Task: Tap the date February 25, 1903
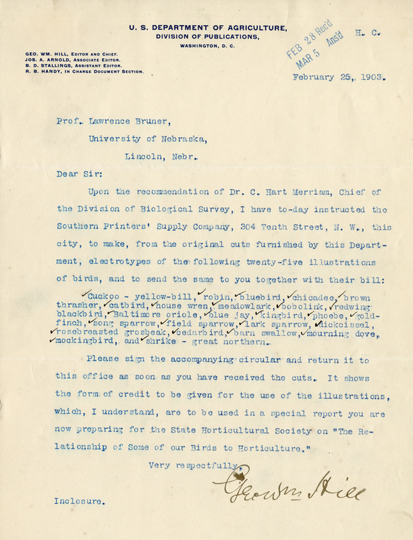[339, 77]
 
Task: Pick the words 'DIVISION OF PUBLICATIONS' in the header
[209, 36]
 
